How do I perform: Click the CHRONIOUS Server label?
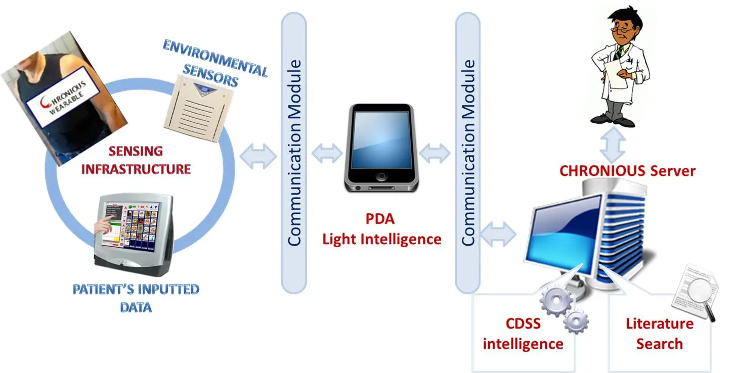pyautogui.click(x=627, y=171)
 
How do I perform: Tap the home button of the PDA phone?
pyautogui.click(x=381, y=177)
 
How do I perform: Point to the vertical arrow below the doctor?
pyautogui.click(x=613, y=145)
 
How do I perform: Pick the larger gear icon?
pyautogui.click(x=556, y=300)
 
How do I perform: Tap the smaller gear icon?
pyautogui.click(x=576, y=322)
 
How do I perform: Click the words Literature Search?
pyautogui.click(x=660, y=334)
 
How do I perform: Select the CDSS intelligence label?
pyautogui.click(x=523, y=334)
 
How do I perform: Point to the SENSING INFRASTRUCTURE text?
pyautogui.click(x=136, y=160)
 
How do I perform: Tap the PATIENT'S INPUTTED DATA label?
pyautogui.click(x=136, y=298)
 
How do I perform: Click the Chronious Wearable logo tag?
pyautogui.click(x=63, y=97)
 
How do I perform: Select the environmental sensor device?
pyautogui.click(x=198, y=108)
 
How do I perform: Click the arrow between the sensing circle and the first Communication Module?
pyautogui.click(x=258, y=156)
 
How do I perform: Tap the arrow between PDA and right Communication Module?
pyautogui.click(x=435, y=153)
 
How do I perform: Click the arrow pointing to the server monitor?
pyautogui.click(x=498, y=234)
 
